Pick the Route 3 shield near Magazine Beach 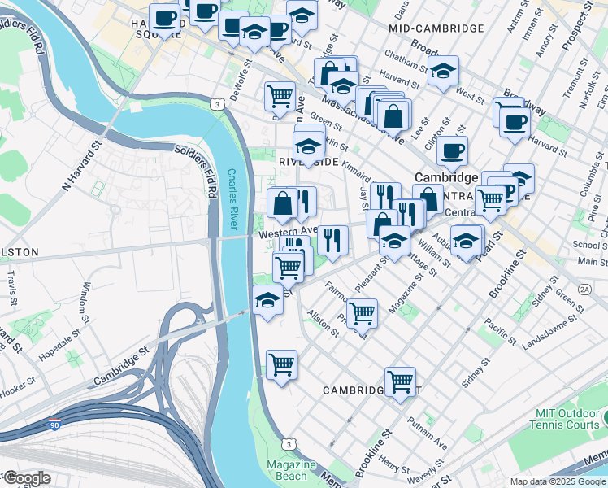288,443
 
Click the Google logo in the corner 26,477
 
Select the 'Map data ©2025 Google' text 557,481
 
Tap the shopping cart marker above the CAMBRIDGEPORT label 400,381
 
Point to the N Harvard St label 80,166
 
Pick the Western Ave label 286,232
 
